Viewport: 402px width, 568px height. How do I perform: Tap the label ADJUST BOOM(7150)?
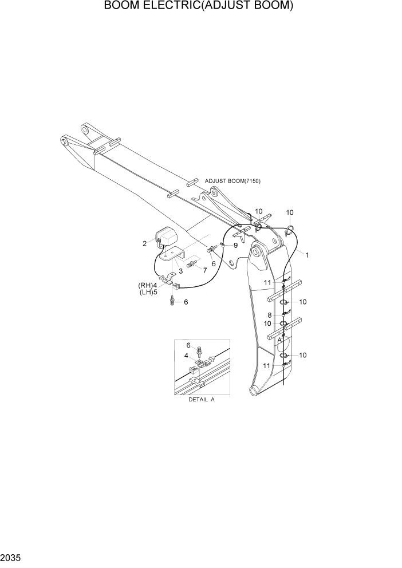232,181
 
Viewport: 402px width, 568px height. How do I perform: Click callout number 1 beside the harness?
307,255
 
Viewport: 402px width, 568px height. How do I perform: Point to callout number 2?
145,244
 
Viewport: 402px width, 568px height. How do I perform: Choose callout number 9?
235,246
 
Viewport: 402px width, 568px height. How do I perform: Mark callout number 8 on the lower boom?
269,315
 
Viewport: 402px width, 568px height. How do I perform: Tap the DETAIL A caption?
201,400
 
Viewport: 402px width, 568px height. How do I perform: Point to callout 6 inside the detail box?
189,345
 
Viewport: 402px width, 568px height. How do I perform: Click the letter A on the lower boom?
279,340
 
